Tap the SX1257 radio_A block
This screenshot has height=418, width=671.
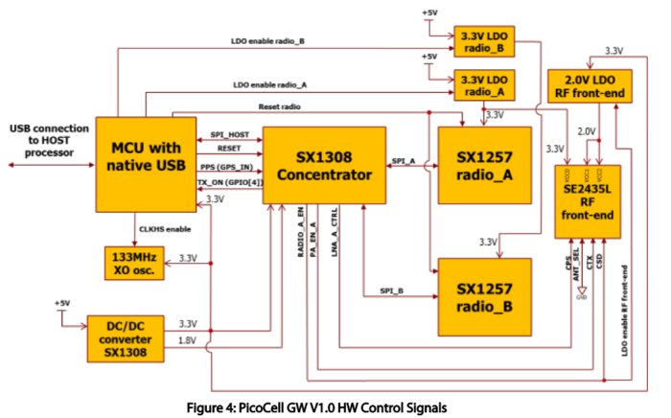pos(483,165)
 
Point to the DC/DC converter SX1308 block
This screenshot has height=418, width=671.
pos(126,338)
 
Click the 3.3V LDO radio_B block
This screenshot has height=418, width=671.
pos(484,39)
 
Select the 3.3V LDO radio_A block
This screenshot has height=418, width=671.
pos(484,85)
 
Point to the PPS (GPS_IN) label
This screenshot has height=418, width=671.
pos(227,167)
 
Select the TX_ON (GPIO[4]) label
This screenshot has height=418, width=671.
pos(228,181)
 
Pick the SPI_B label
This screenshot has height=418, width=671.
pos(389,289)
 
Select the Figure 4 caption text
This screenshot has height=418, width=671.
pos(334,406)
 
